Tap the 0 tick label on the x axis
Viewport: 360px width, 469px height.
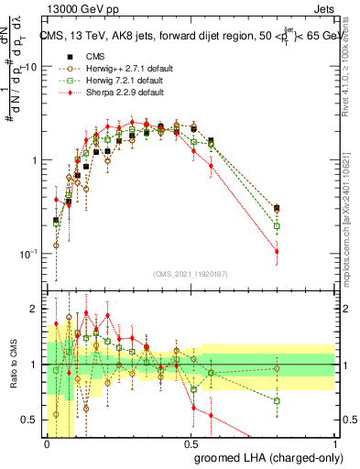(48, 443)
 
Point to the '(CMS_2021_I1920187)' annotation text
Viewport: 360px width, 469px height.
(191, 272)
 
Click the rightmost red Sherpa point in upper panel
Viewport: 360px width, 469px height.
(277, 251)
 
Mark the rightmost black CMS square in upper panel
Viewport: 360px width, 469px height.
(277, 209)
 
